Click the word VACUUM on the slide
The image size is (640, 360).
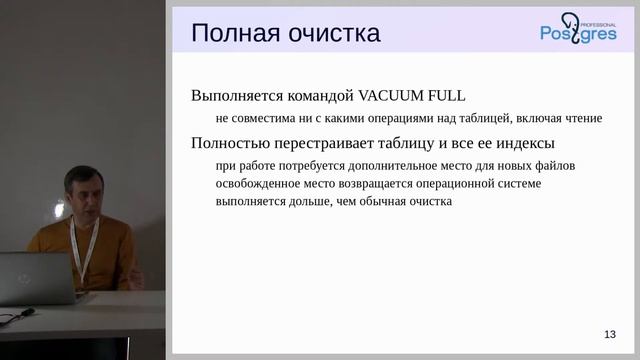point(393,96)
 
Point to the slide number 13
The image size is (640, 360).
point(609,334)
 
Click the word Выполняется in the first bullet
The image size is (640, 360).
point(232,96)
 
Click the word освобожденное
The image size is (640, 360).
point(259,182)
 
